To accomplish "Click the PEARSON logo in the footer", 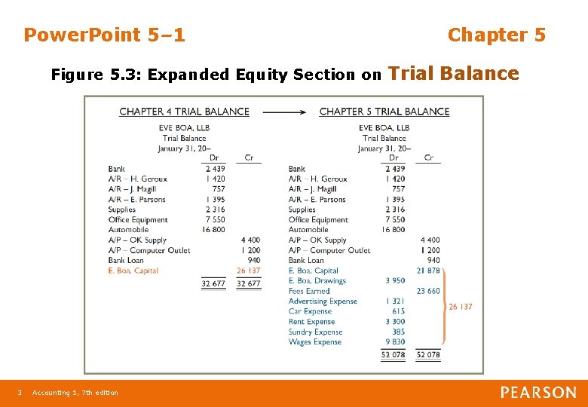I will point(538,393).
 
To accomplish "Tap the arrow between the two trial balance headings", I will point(284,112).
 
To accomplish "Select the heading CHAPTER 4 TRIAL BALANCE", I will point(184,112).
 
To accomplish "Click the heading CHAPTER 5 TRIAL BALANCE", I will point(384,112).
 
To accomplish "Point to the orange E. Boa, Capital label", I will point(133,271).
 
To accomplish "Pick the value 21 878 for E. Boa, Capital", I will point(428,271).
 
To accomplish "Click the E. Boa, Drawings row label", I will point(317,280).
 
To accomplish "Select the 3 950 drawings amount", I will point(394,280).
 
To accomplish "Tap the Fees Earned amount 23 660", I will point(428,291).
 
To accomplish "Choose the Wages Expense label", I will point(315,342).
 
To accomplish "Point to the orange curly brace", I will point(445,306).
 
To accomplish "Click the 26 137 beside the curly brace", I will point(461,307).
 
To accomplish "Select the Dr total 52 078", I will point(394,355).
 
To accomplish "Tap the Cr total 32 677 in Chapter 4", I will point(249,284).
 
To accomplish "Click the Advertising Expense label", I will point(323,301).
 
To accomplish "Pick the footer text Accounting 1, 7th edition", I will point(75,393).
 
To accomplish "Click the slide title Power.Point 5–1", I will point(104,35).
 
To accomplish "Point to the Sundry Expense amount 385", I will point(398,332).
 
